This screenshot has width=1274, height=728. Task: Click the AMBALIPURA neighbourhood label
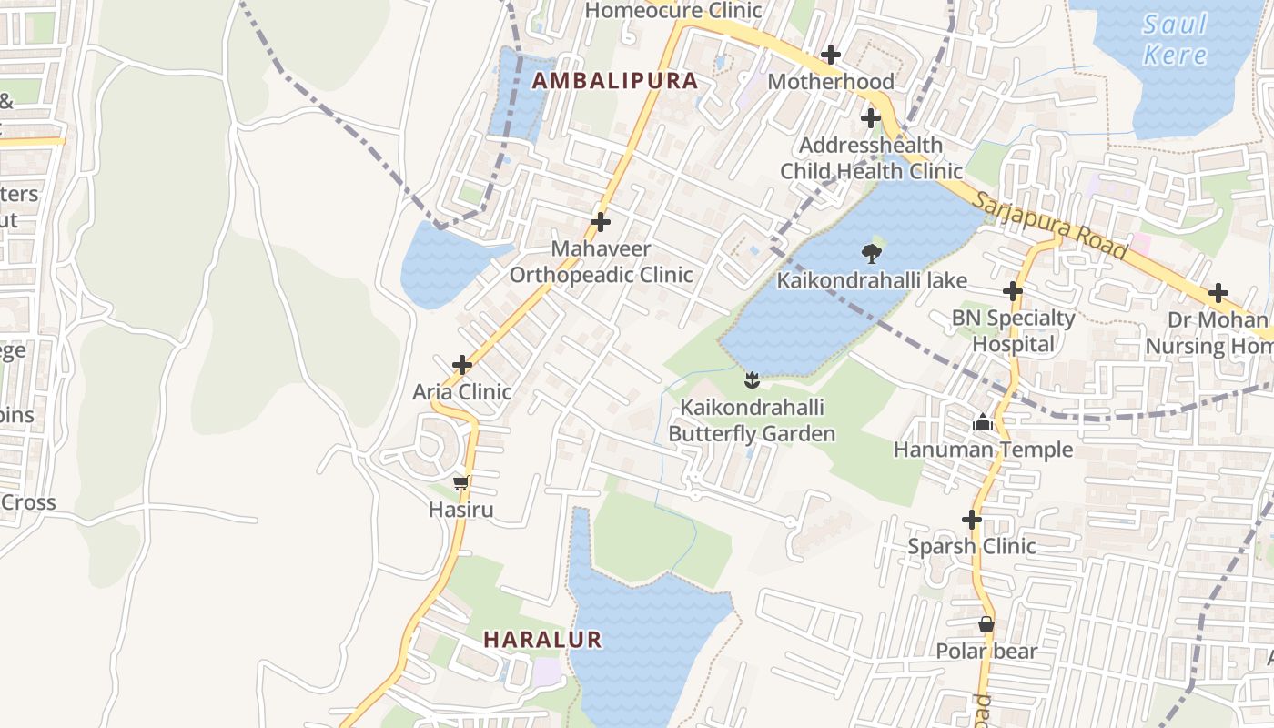coord(615,81)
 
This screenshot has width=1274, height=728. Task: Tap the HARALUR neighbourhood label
coord(542,640)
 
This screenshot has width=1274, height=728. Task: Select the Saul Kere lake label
coord(1175,39)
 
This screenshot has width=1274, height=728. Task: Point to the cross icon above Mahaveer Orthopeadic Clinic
coord(601,221)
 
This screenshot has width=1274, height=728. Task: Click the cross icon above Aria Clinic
coord(462,365)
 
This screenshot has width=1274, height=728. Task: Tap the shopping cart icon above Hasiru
coord(460,482)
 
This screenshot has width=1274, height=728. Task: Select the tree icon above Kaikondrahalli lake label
coord(871,253)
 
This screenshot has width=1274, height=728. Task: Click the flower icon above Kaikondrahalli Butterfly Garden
coord(752,379)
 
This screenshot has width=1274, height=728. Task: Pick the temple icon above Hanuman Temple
coord(983,422)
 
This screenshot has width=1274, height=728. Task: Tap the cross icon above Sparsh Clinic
coord(972,520)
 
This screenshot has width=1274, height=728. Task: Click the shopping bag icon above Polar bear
coord(986,624)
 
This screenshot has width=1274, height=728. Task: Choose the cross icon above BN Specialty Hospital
coord(1013,291)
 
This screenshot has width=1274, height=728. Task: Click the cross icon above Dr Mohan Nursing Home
coord(1218,293)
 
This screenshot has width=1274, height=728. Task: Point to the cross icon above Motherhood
coord(831,55)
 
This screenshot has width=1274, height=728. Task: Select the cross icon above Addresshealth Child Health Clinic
coord(871,118)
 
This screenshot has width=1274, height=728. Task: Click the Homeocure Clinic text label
coord(673,11)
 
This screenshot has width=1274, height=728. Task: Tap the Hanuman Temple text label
coord(983,450)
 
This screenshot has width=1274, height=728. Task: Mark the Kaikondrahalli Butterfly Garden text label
coord(752,420)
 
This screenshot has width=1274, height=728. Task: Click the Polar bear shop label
coord(986,652)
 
